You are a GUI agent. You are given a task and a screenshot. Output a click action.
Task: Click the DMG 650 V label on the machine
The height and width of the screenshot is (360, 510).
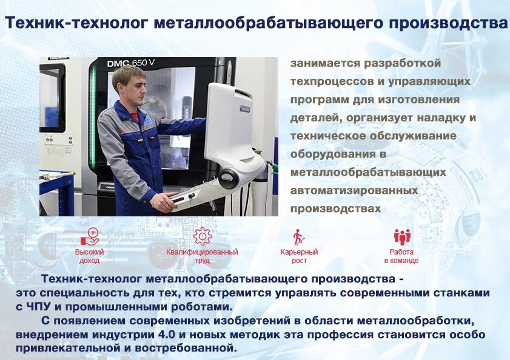(x=130, y=63)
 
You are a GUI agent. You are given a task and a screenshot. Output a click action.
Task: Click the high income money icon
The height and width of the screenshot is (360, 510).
(x=90, y=236)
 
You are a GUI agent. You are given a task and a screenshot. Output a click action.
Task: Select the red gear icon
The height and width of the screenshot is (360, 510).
(x=202, y=236)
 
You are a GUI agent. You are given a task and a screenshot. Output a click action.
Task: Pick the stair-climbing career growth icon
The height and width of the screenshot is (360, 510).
(x=298, y=236)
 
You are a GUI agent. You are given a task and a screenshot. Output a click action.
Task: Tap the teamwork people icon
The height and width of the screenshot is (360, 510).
(x=401, y=236)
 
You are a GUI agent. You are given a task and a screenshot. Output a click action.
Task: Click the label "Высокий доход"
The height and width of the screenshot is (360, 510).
(x=90, y=256)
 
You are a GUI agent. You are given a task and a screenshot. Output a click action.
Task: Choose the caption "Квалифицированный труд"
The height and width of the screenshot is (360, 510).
(x=202, y=256)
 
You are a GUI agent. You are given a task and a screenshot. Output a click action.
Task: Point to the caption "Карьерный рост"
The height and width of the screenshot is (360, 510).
(x=299, y=256)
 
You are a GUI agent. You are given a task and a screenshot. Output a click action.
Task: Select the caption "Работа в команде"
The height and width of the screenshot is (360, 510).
(x=401, y=256)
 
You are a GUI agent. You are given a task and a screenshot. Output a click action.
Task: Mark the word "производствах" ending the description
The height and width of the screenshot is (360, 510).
(x=335, y=208)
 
